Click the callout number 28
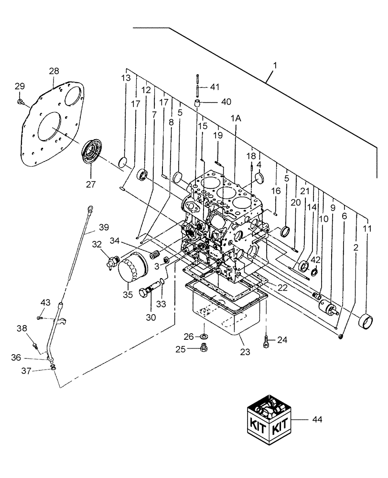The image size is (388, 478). pyautogui.click(x=54, y=71)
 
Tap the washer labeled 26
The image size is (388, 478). pyautogui.click(x=205, y=337)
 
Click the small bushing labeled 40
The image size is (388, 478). pyautogui.click(x=196, y=103)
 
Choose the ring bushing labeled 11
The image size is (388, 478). pyautogui.click(x=366, y=319)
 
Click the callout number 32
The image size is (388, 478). pyautogui.click(x=97, y=244)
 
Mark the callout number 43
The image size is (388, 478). pyautogui.click(x=45, y=303)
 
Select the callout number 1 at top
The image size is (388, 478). pyautogui.click(x=274, y=64)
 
